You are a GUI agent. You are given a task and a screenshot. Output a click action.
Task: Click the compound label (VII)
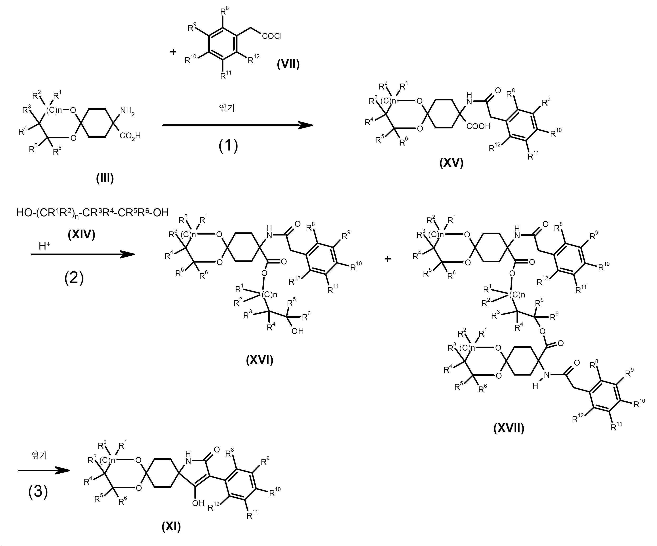pyautogui.click(x=288, y=64)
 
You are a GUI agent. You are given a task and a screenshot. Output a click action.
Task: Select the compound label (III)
pyautogui.click(x=105, y=179)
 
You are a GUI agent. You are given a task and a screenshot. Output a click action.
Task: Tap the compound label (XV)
pyautogui.click(x=451, y=163)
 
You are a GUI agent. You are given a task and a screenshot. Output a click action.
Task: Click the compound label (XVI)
pyautogui.click(x=260, y=360)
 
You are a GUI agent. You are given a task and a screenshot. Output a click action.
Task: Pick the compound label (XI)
pyautogui.click(x=171, y=527)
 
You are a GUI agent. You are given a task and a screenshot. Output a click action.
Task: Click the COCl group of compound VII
pyautogui.click(x=272, y=36)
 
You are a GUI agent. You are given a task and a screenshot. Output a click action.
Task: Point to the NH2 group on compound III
pyautogui.click(x=128, y=111)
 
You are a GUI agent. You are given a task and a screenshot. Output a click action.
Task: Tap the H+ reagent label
pyautogui.click(x=44, y=246)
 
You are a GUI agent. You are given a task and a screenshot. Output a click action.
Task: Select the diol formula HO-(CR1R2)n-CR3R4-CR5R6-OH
pyautogui.click(x=93, y=213)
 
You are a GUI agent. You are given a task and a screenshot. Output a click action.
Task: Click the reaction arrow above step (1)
pyautogui.click(x=238, y=125)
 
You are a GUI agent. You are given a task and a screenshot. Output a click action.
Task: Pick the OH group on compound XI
pyautogui.click(x=198, y=503)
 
